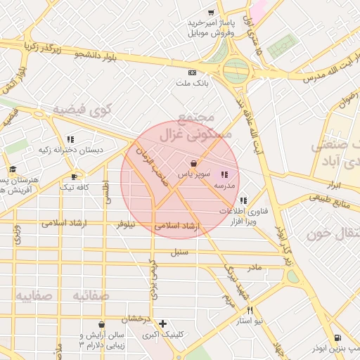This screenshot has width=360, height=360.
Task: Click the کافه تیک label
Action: point(73,187)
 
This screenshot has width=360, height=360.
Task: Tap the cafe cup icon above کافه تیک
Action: point(74,176)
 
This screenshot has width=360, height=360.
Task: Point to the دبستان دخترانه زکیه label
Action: point(70,150)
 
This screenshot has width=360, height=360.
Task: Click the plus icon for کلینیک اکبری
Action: point(163,323)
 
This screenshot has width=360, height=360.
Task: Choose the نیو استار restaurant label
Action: point(249,321)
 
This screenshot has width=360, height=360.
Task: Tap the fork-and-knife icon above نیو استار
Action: point(249,310)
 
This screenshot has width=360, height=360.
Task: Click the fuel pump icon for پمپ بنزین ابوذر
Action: point(338,337)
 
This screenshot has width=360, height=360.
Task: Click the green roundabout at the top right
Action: point(236,70)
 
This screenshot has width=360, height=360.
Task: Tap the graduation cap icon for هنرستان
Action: point(13,169)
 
